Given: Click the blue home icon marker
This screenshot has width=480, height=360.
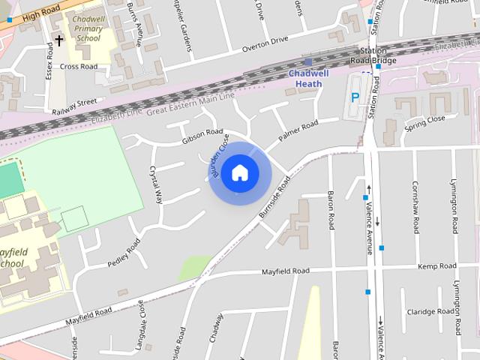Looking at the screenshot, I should pyautogui.click(x=239, y=172).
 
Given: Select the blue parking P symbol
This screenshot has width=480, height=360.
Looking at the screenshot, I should pyautogui.click(x=355, y=97).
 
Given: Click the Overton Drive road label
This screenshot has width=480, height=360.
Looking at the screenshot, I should pyautogui.click(x=264, y=44).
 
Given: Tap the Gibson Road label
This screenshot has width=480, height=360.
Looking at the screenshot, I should pyautogui.click(x=202, y=136).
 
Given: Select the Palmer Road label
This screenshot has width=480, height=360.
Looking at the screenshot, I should pyautogui.click(x=298, y=130).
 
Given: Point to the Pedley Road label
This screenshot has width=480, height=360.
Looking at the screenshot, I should pyautogui.click(x=124, y=253).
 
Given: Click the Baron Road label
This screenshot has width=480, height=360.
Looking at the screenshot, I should pyautogui.click(x=331, y=211).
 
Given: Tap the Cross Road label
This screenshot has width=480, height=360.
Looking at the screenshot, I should pyautogui.click(x=79, y=67).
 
